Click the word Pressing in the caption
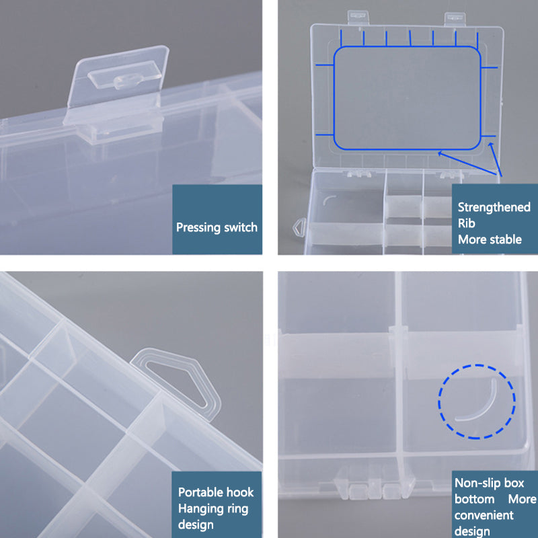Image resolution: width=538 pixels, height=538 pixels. point(198,228)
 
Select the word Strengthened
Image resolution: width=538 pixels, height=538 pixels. point(494,208)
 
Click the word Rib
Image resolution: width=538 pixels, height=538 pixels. point(466,223)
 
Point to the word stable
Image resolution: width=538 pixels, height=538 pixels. point(506,239)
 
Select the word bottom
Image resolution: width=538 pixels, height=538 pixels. point(474,499)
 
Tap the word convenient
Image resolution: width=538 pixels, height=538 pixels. point(484,515)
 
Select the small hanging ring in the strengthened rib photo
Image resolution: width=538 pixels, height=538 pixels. point(299,227)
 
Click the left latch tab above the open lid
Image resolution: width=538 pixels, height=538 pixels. point(358,17)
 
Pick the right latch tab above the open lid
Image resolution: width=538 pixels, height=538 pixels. point(455,20)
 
